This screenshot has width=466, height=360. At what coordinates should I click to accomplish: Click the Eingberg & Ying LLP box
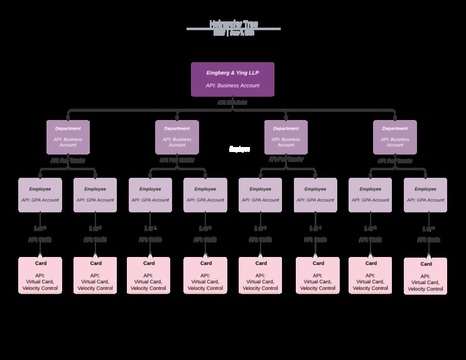(x=232, y=79)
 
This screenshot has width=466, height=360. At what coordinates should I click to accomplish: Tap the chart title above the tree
(x=233, y=25)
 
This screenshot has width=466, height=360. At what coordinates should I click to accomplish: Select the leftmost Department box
(x=68, y=137)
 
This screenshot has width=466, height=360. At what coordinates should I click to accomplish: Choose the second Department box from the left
(x=177, y=137)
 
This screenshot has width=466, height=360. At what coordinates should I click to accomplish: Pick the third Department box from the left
(x=286, y=137)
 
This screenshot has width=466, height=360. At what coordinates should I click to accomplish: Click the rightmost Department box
(x=394, y=137)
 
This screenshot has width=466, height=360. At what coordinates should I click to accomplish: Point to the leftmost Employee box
(x=40, y=195)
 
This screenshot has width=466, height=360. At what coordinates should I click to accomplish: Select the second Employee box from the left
(x=95, y=195)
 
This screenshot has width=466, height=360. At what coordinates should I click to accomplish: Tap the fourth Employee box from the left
(x=205, y=195)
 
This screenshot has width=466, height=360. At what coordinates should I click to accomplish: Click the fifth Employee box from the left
(x=260, y=195)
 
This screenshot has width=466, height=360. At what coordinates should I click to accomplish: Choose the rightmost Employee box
(x=425, y=195)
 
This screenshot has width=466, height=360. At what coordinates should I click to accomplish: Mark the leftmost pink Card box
(x=40, y=275)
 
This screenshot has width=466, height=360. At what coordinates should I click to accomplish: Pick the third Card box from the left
(x=149, y=275)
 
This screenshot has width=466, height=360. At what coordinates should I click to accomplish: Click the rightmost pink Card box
(x=425, y=276)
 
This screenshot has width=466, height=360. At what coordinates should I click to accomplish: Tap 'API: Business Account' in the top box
(x=232, y=85)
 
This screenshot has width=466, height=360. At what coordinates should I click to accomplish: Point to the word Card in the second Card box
(x=95, y=263)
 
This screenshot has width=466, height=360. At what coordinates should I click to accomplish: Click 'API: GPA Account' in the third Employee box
(x=150, y=200)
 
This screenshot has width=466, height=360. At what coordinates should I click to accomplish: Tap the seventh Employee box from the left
(x=370, y=195)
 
